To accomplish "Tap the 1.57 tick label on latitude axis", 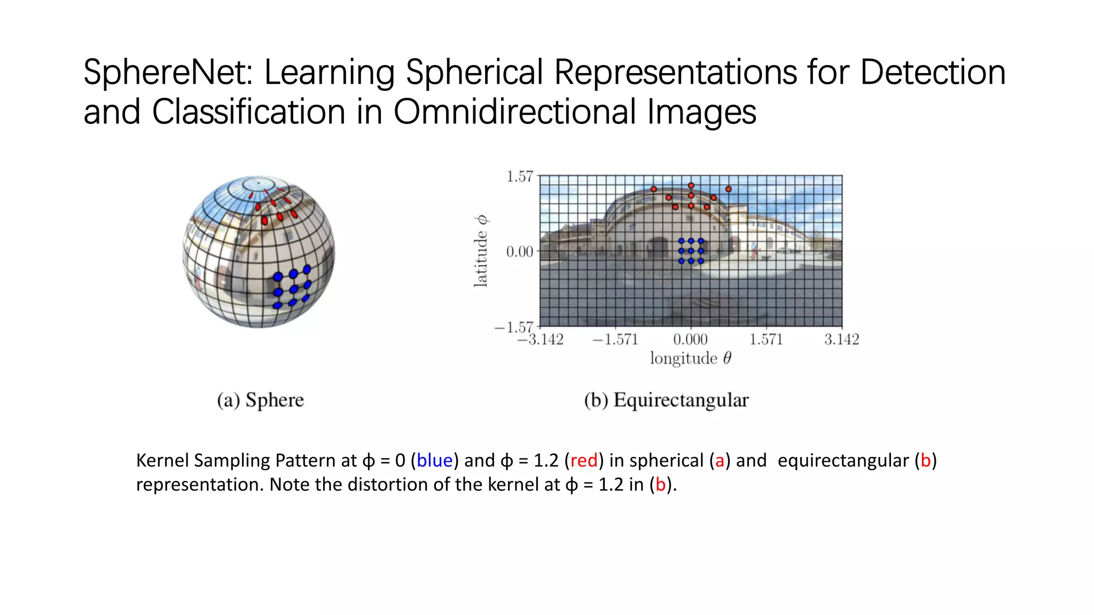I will [x=519, y=177].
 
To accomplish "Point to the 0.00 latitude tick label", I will [x=519, y=251].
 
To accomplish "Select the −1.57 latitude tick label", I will [x=514, y=327].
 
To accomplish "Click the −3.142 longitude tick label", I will [x=540, y=340].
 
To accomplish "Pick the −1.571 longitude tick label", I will [x=615, y=340].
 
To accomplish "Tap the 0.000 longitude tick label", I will [x=690, y=340].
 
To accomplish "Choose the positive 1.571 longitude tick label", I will [x=766, y=340].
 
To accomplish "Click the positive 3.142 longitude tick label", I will [x=841, y=340].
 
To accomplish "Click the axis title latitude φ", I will [x=481, y=251].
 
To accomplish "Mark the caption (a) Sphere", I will [x=260, y=400].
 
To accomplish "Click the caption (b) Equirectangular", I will [x=666, y=400].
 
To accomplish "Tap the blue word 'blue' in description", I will [x=434, y=460].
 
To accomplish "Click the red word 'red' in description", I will [x=583, y=460].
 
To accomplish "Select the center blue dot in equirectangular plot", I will [x=691, y=251].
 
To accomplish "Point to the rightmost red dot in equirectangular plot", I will [x=728, y=189].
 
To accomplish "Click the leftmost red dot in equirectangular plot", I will [x=653, y=189].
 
